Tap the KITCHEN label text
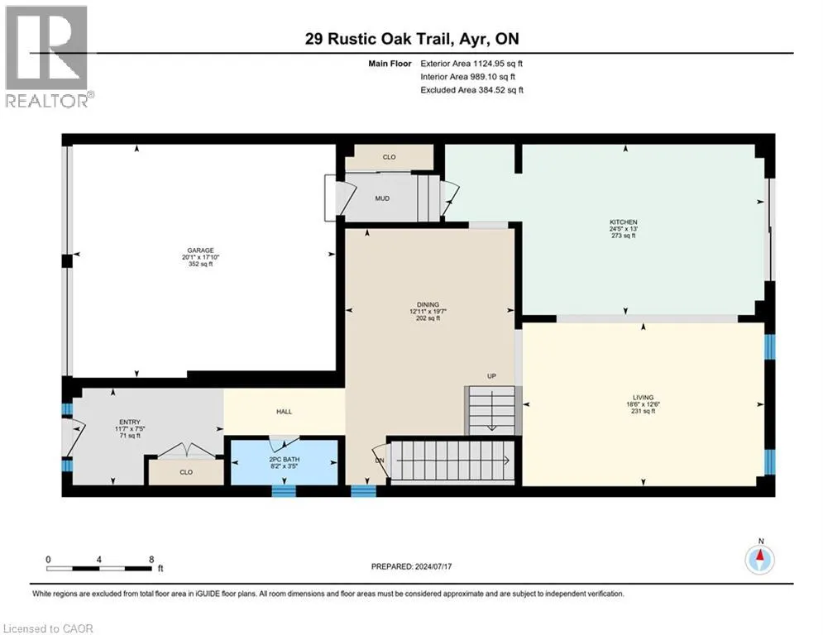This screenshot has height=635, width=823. [624, 221]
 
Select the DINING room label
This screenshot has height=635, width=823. [428, 304]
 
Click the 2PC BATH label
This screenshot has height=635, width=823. [284, 459]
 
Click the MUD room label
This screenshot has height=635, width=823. [382, 198]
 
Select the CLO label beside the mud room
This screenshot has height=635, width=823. [389, 157]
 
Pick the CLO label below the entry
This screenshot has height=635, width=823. [185, 476]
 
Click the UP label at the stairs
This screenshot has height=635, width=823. [490, 376]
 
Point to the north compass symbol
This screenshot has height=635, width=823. [760, 560]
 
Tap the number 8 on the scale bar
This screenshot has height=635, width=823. [151, 559]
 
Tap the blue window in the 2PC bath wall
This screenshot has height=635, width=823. [284, 491]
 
